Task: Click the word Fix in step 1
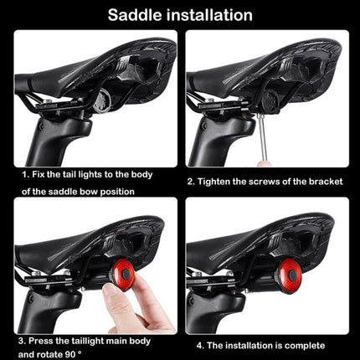43,177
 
